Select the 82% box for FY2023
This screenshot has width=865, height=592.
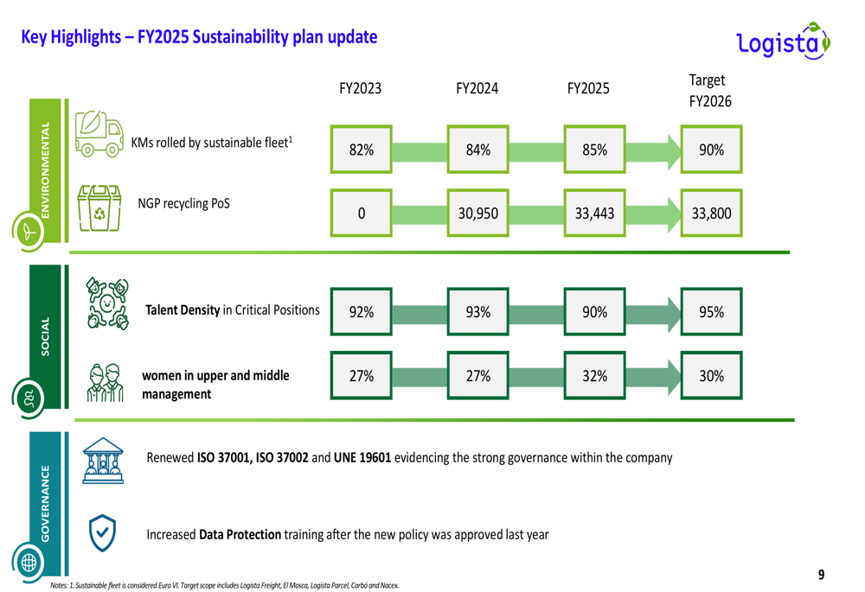[x=361, y=150]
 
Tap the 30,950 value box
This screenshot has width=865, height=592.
[x=477, y=213]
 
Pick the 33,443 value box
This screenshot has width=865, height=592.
[x=594, y=213]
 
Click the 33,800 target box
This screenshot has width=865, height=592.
[x=711, y=213]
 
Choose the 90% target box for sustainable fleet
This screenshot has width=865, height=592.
[x=711, y=150]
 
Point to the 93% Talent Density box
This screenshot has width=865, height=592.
[x=477, y=312]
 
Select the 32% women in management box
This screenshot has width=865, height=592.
[x=594, y=376]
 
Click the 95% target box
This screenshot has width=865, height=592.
[x=711, y=312]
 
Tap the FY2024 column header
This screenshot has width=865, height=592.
[x=477, y=89]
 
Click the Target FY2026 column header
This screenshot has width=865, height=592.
[x=710, y=91]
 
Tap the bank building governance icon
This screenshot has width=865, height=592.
[x=102, y=460]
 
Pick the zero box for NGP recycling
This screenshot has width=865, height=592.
[x=361, y=213]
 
